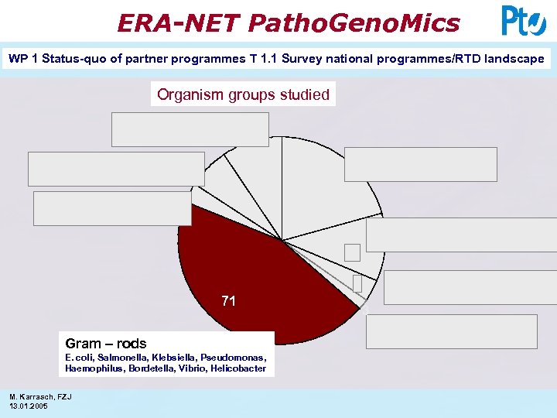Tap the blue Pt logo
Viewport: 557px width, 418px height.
[523, 21]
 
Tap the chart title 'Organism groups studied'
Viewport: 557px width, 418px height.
[243, 94]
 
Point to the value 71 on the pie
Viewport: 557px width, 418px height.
[228, 302]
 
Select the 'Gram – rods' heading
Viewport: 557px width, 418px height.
[106, 344]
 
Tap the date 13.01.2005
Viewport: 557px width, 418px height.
[28, 406]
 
